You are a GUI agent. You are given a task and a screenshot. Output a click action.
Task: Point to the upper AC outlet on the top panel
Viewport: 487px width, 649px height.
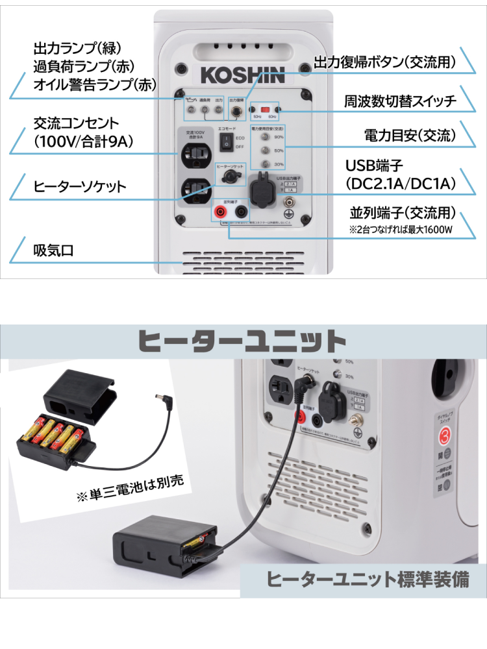(196, 154)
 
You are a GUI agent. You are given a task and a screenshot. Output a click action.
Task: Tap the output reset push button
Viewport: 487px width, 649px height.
(236, 112)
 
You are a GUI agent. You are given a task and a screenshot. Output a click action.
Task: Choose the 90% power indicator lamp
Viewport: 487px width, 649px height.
(264, 138)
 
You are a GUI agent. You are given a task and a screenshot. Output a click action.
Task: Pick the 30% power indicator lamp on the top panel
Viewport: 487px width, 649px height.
(264, 164)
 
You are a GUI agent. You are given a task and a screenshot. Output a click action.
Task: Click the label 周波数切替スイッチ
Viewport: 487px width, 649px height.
(401, 101)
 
